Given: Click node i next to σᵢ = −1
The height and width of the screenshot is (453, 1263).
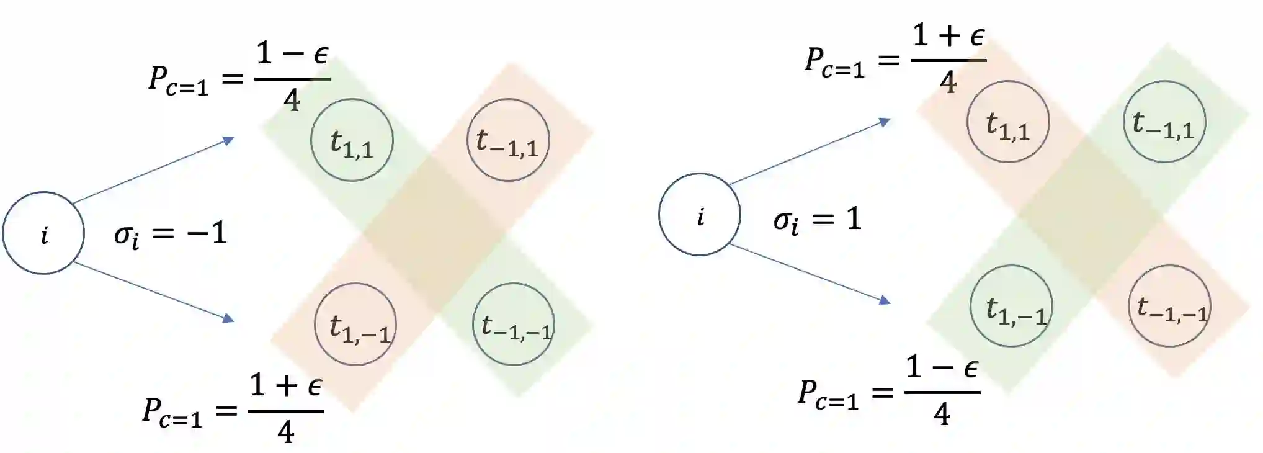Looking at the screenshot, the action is pyautogui.click(x=43, y=233).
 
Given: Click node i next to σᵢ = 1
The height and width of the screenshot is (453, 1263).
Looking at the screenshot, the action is pyautogui.click(x=699, y=215).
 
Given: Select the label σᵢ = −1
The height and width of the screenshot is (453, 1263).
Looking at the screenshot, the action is pyautogui.click(x=171, y=235).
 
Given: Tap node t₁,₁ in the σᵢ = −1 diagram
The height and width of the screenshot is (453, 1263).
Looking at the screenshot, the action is pyautogui.click(x=352, y=140).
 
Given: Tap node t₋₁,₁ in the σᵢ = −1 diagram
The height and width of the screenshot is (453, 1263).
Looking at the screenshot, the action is pyautogui.click(x=507, y=140).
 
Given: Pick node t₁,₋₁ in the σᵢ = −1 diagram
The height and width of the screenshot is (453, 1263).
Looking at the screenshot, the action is pyautogui.click(x=355, y=325).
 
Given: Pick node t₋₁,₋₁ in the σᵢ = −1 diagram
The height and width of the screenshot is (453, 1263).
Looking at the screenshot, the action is pyautogui.click(x=513, y=325).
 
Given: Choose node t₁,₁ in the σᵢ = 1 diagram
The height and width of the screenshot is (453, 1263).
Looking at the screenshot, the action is pyautogui.click(x=1008, y=122).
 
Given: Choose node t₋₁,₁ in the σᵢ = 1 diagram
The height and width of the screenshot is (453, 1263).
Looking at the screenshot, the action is pyautogui.click(x=1164, y=122).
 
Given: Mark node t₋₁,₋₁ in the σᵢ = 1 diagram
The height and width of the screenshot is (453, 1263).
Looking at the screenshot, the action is pyautogui.click(x=1169, y=306).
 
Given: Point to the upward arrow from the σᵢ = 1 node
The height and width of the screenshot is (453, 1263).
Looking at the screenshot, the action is pyautogui.click(x=810, y=153).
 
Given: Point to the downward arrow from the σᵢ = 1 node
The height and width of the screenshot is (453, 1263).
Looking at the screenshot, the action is pyautogui.click(x=810, y=273).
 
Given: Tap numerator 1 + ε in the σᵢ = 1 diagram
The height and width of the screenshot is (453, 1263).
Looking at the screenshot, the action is pyautogui.click(x=948, y=36).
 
